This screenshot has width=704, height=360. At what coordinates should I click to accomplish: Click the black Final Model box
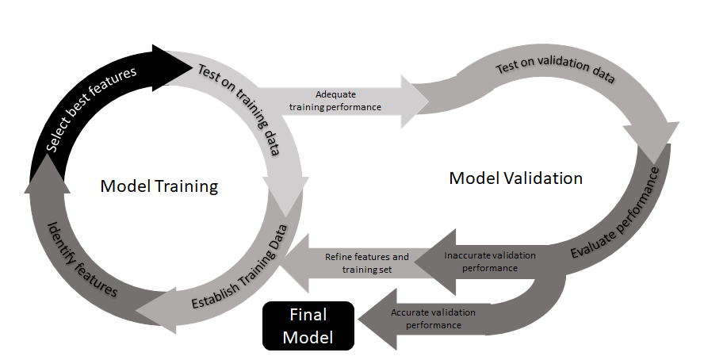308,325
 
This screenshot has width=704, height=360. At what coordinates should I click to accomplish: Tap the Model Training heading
159,186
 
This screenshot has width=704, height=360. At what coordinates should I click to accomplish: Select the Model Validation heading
515,178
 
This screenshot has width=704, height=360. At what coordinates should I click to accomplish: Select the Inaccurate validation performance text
489,262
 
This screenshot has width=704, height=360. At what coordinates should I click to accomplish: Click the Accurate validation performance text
433,319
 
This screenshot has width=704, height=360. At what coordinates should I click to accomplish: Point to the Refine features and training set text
367,263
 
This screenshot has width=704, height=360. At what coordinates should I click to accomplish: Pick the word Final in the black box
308,314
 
